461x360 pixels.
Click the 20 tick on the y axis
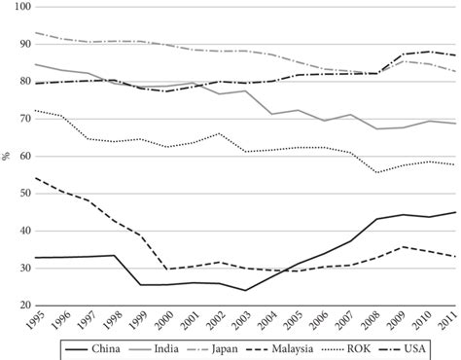[20, 306]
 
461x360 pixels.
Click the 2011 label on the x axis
[450, 320]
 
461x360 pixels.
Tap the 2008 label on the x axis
[372, 320]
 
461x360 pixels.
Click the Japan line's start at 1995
[37, 32]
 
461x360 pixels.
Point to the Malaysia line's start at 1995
[37, 177]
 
